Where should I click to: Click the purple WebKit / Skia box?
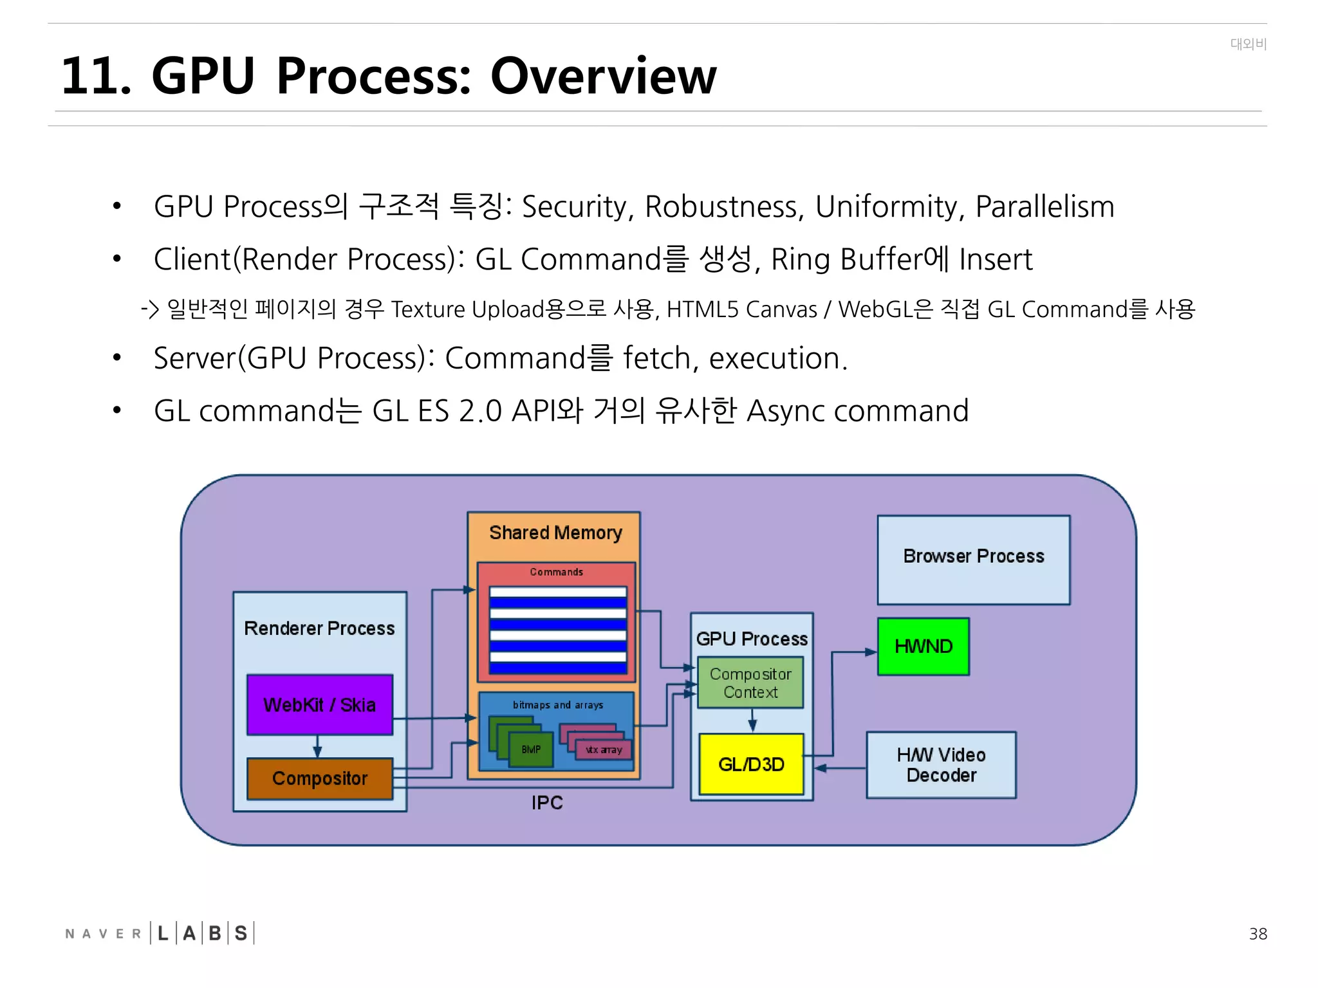click(319, 704)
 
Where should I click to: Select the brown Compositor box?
click(319, 778)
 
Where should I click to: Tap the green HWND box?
click(923, 646)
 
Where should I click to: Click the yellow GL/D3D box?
click(751, 764)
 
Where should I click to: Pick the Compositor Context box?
click(750, 682)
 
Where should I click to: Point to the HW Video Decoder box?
click(941, 765)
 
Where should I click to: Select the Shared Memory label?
click(555, 533)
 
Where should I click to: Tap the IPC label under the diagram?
click(547, 803)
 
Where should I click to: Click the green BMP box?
click(531, 749)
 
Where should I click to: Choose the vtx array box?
click(604, 750)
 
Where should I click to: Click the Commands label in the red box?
click(556, 572)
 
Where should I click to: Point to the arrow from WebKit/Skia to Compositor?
click(317, 746)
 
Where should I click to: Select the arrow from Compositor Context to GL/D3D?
click(752, 720)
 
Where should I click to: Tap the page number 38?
click(1258, 934)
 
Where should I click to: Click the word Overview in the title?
click(602, 76)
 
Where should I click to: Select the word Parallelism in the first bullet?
click(1044, 207)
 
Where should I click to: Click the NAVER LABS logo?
click(160, 933)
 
